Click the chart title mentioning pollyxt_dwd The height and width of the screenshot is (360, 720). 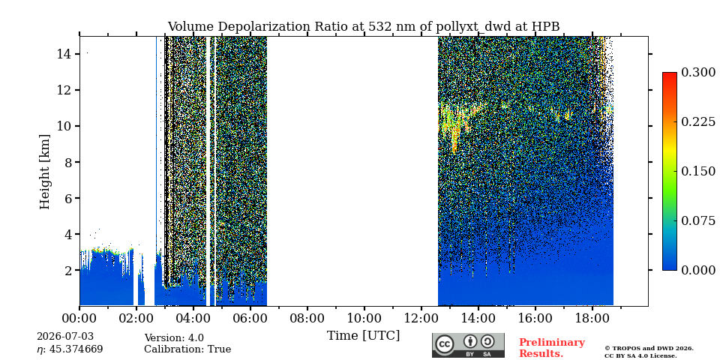click(364, 27)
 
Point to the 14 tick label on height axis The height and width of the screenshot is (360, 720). click(64, 54)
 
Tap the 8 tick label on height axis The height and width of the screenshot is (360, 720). click(67, 162)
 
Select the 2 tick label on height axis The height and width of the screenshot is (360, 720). click(67, 271)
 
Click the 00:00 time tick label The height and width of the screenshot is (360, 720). click(80, 318)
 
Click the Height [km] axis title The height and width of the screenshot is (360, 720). click(44, 172)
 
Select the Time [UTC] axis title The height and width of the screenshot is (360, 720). click(364, 336)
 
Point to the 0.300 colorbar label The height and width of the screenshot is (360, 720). click(698, 73)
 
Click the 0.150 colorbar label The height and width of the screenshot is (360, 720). click(698, 171)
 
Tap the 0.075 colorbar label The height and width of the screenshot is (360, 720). click(698, 220)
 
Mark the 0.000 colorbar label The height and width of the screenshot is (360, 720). click(698, 270)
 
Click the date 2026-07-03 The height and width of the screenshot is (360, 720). click(65, 337)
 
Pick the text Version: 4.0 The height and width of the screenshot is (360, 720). click(174, 338)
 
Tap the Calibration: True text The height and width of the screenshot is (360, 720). click(187, 349)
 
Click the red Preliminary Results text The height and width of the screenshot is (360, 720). click(552, 348)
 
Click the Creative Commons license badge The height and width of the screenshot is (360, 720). click(468, 345)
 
